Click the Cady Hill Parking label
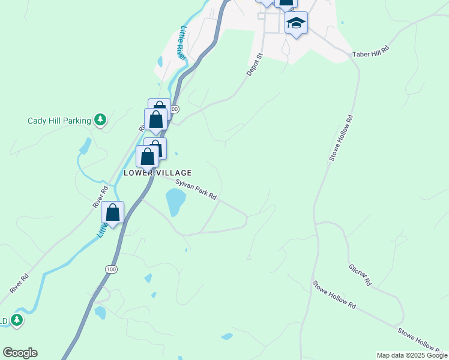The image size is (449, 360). [59, 120]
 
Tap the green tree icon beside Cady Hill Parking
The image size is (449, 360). [101, 120]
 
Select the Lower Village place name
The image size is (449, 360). [157, 173]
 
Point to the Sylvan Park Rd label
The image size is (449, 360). [196, 189]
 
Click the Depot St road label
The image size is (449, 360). [255, 64]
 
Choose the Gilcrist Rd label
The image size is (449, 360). [360, 274]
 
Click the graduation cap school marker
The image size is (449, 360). [296, 23]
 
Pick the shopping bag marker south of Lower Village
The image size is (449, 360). [112, 212]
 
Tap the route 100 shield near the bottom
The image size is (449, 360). [110, 270]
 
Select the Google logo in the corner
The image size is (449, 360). [20, 353]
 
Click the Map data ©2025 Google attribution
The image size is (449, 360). [412, 355]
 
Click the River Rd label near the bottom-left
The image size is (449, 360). [19, 284]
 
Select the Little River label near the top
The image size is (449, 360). [181, 42]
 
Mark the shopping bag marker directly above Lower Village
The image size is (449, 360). [148, 157]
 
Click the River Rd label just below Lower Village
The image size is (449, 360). [100, 197]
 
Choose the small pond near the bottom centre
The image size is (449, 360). [227, 337]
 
